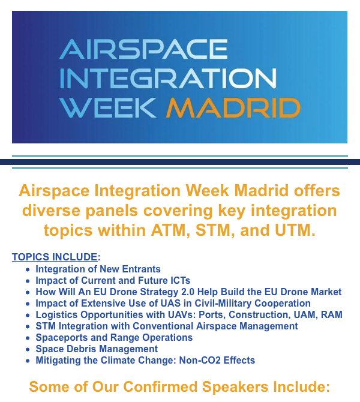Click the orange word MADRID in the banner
click(233, 108)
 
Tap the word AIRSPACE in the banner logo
click(143, 49)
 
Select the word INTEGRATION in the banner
click(168, 79)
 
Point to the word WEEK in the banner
click(108, 108)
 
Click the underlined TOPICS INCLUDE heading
click(55, 257)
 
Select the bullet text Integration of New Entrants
click(98, 269)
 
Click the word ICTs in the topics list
click(180, 280)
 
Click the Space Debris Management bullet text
click(97, 349)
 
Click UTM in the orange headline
click(295, 230)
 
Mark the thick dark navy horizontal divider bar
click(180, 162)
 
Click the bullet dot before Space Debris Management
click(28, 349)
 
